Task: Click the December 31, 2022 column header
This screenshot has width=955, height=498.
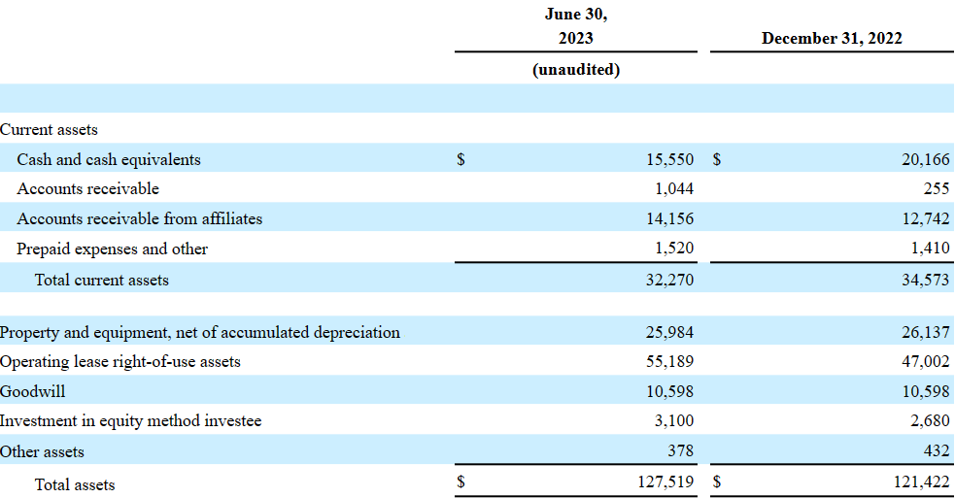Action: [x=832, y=39]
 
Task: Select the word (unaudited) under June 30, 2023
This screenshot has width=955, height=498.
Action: [x=575, y=70]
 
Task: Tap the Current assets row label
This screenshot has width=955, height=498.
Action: [x=49, y=130]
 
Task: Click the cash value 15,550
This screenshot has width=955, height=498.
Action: [x=670, y=159]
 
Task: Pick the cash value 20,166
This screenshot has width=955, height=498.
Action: [x=925, y=159]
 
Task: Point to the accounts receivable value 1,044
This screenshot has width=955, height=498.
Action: [x=673, y=188]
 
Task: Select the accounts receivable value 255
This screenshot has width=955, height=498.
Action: [x=937, y=188]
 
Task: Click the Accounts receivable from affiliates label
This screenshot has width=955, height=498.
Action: [x=140, y=218]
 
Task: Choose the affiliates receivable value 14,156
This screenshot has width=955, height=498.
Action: [x=670, y=218]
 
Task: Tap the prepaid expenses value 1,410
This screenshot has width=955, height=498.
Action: [x=930, y=248]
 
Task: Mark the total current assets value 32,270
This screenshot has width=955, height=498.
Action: [x=670, y=280]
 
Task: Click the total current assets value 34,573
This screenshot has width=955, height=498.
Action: [x=925, y=280]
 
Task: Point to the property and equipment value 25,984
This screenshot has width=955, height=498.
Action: [x=670, y=332]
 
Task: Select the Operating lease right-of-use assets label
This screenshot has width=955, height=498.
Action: [x=120, y=362]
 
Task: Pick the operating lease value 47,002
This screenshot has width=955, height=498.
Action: [x=925, y=362]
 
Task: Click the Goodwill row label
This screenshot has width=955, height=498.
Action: [x=32, y=391]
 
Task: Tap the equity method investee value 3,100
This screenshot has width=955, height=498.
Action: [x=673, y=420]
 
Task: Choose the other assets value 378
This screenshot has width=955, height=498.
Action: [x=680, y=450]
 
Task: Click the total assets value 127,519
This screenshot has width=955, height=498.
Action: [x=665, y=482]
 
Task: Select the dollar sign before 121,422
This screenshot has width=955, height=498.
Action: [x=717, y=482]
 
